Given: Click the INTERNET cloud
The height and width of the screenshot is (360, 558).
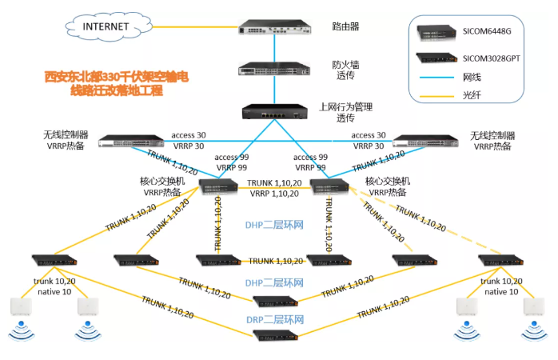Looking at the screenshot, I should [x=105, y=26].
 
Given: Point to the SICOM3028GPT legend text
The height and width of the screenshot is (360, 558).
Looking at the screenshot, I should [x=496, y=58].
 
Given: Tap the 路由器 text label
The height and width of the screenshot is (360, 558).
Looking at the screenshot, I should [x=345, y=26].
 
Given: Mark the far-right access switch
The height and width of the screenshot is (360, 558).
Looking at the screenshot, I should [x=501, y=261].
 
